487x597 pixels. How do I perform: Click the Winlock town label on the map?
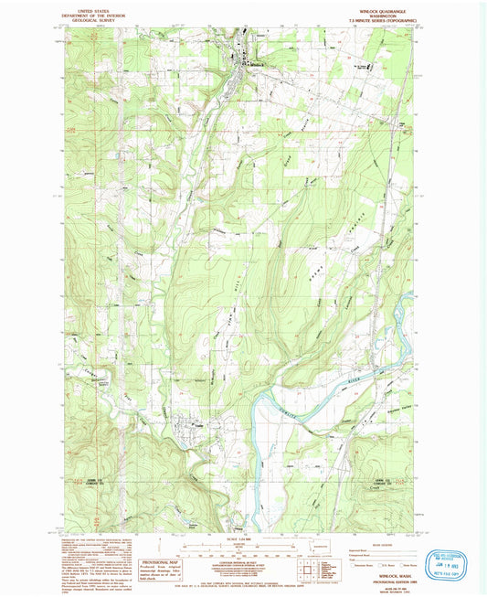pyautogui.click(x=257, y=64)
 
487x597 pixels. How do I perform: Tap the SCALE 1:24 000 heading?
pyautogui.click(x=240, y=538)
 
